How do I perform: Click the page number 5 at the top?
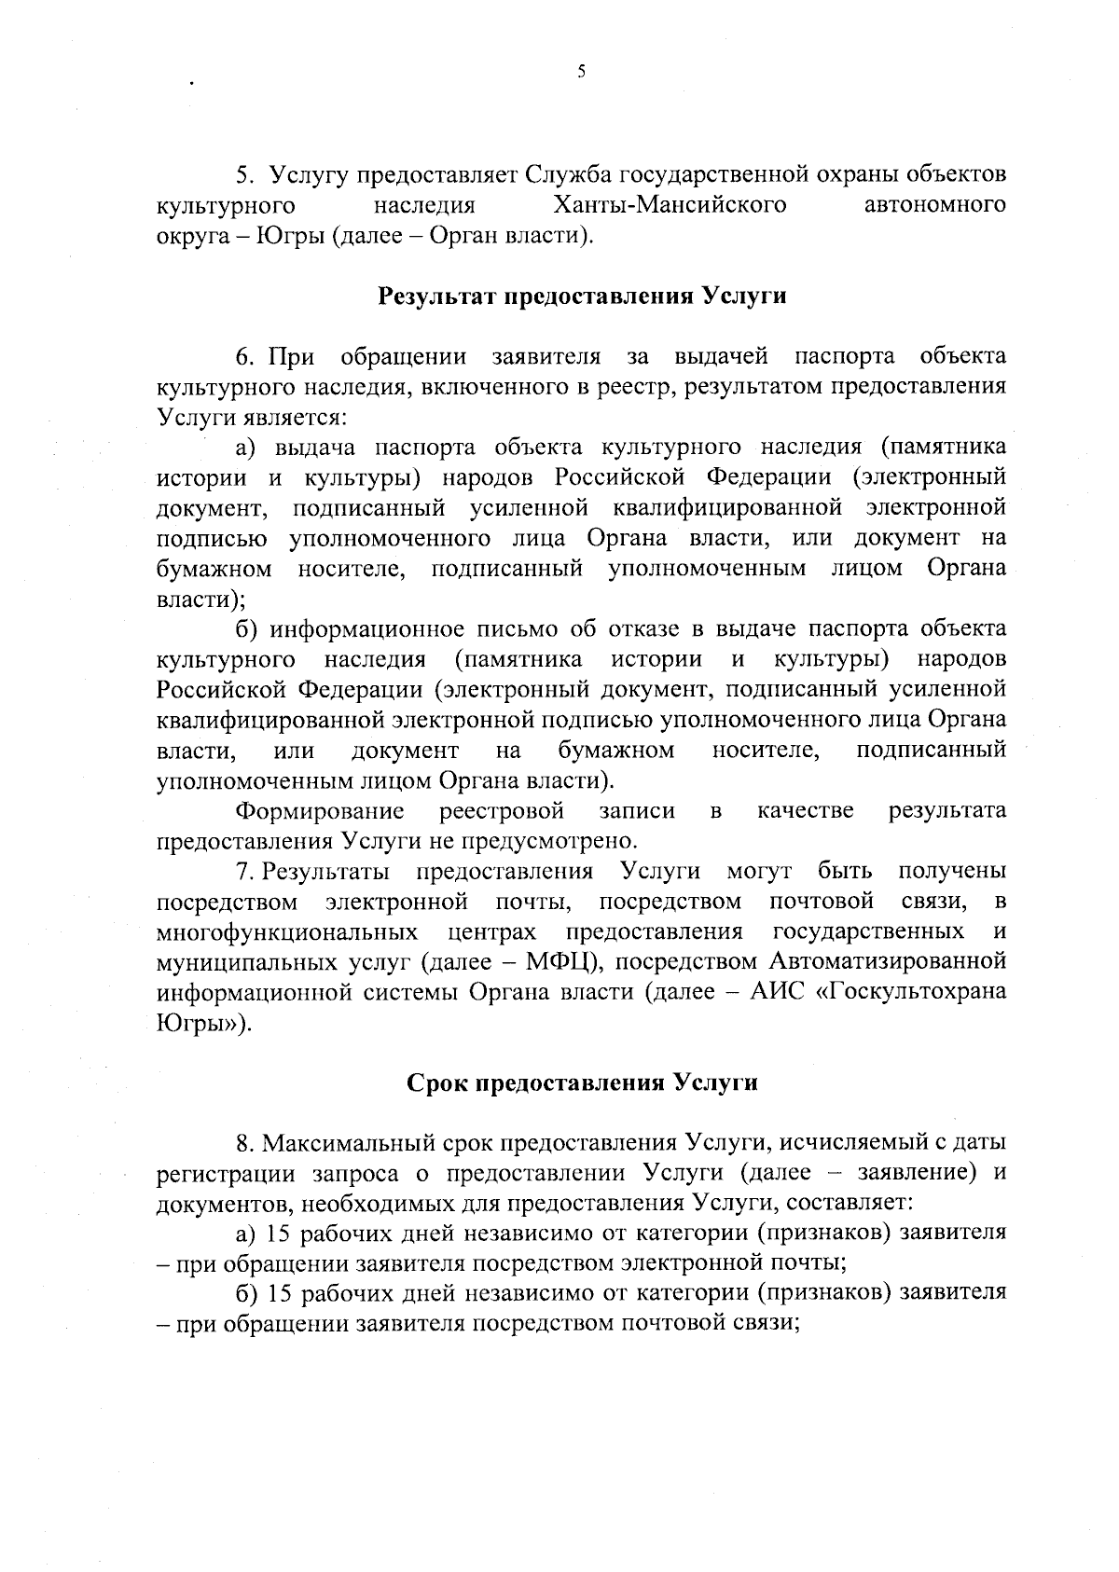click(x=581, y=71)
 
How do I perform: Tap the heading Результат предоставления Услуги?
click(x=582, y=296)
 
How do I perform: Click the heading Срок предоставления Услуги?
click(x=582, y=1082)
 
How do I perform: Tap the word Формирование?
click(x=320, y=810)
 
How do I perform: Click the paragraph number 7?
click(x=244, y=872)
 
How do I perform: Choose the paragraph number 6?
click(x=244, y=356)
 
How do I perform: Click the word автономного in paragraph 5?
click(x=935, y=203)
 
